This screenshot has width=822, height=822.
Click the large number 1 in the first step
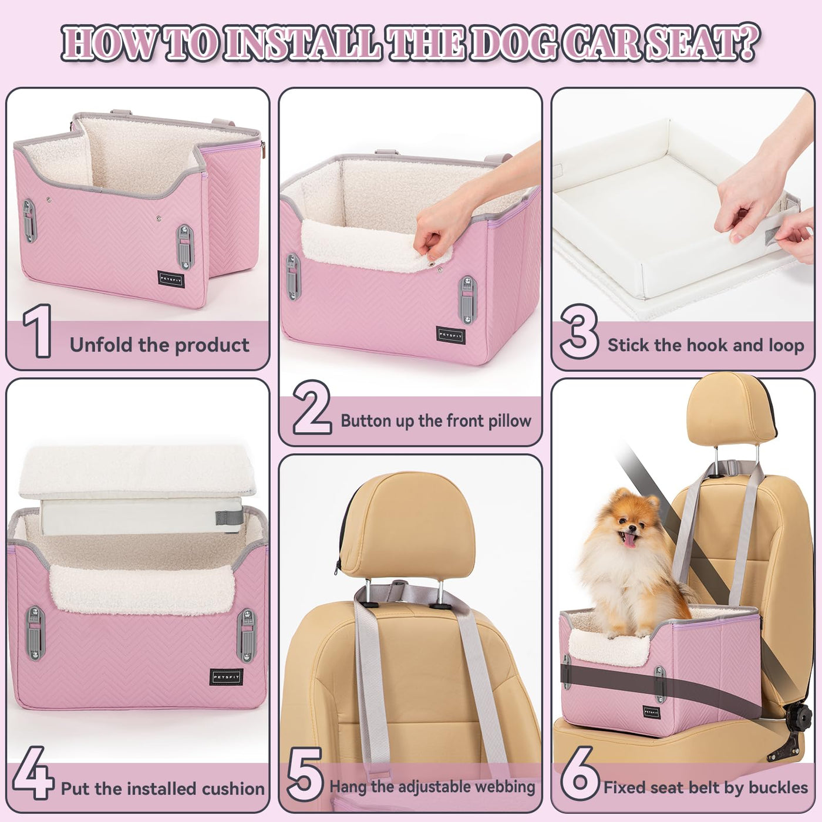pyautogui.click(x=38, y=331)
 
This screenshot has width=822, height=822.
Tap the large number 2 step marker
pyautogui.click(x=312, y=407)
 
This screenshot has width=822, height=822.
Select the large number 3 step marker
pyautogui.click(x=579, y=332)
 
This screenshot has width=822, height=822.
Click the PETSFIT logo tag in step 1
pyautogui.click(x=171, y=279)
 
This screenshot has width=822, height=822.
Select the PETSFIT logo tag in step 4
pyautogui.click(x=227, y=677)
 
